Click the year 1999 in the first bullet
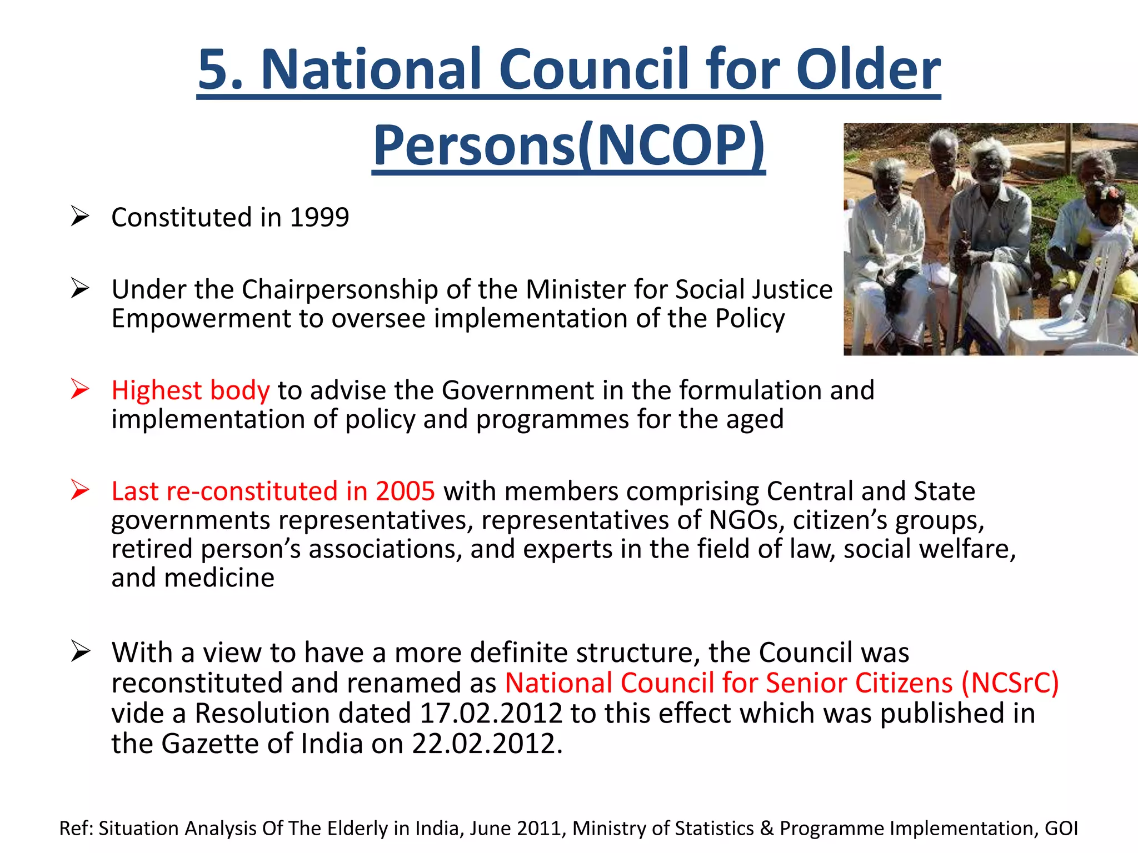point(320,217)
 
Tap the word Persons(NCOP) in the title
point(568,145)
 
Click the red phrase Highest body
point(190,390)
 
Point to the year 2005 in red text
point(405,491)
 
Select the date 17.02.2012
point(491,714)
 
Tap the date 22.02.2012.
point(483,744)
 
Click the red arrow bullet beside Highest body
point(80,389)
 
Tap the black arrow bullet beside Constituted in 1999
point(80,217)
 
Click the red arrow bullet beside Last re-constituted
point(80,490)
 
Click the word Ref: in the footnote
point(76,828)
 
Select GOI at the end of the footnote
point(1061,828)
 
